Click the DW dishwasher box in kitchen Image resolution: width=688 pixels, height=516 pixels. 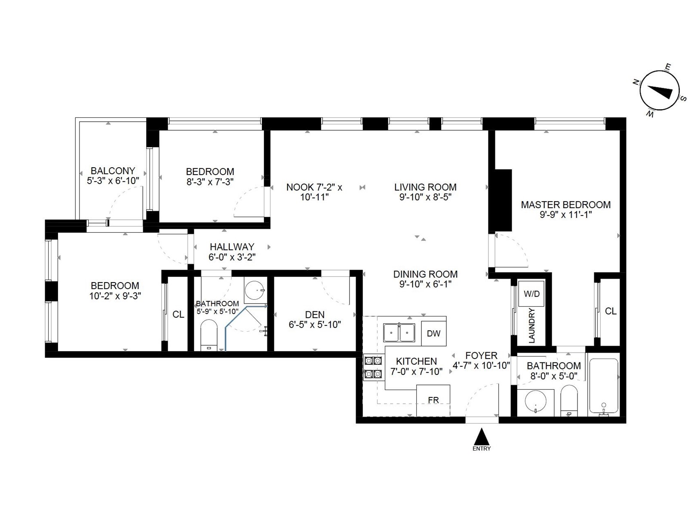[x=433, y=333]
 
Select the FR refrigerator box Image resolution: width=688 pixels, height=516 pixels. [x=433, y=400]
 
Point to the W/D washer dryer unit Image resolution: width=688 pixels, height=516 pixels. [x=531, y=294]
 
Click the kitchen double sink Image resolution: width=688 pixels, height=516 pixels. [x=399, y=332]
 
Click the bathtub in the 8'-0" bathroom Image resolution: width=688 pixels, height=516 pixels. [x=604, y=386]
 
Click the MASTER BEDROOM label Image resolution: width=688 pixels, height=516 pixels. [x=566, y=205]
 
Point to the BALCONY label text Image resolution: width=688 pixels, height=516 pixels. [x=113, y=171]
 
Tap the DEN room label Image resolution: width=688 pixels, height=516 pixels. [x=315, y=315]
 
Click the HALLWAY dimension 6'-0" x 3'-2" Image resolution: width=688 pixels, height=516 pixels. [x=232, y=257]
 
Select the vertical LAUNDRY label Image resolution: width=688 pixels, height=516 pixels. [x=531, y=326]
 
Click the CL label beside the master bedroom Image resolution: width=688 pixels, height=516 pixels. [x=611, y=311]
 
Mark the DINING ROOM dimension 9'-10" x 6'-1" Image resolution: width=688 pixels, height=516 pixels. [x=425, y=284]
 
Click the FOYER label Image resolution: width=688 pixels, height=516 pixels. [x=482, y=356]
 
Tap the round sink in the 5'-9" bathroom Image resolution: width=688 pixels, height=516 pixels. [x=255, y=290]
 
